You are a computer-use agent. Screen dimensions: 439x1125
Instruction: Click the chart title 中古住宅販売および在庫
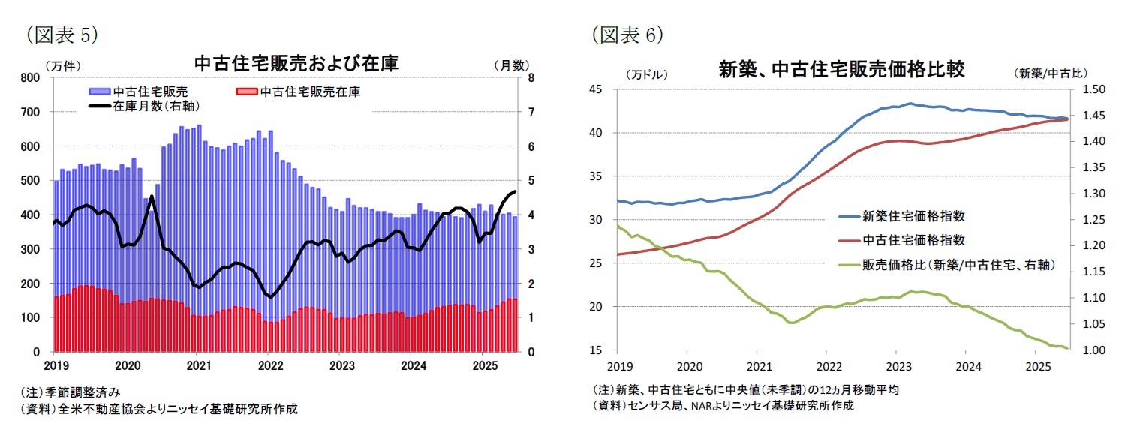coord(296,64)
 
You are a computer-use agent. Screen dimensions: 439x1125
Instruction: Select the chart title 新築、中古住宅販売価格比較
coord(841,70)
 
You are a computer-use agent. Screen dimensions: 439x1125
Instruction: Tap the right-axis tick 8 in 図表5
coord(531,77)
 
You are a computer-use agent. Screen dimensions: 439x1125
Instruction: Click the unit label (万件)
coord(63,65)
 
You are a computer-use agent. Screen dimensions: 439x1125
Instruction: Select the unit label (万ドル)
coord(645,74)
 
